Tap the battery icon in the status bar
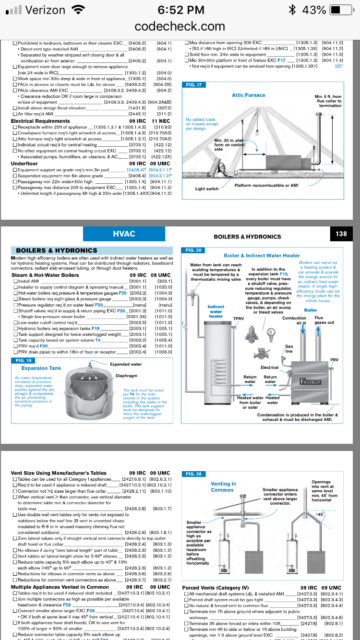point(340,10)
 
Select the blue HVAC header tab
point(124,234)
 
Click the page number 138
point(341,234)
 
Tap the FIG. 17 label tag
point(192,85)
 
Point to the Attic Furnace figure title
point(248,95)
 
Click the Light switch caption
point(207,189)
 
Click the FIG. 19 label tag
point(24,360)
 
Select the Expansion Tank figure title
point(41,368)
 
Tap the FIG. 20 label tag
point(192,250)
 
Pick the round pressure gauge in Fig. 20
point(272,332)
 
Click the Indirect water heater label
point(216,311)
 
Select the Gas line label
point(289,349)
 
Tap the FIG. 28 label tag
point(192,474)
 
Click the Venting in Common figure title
point(223,487)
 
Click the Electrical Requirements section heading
point(40,121)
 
